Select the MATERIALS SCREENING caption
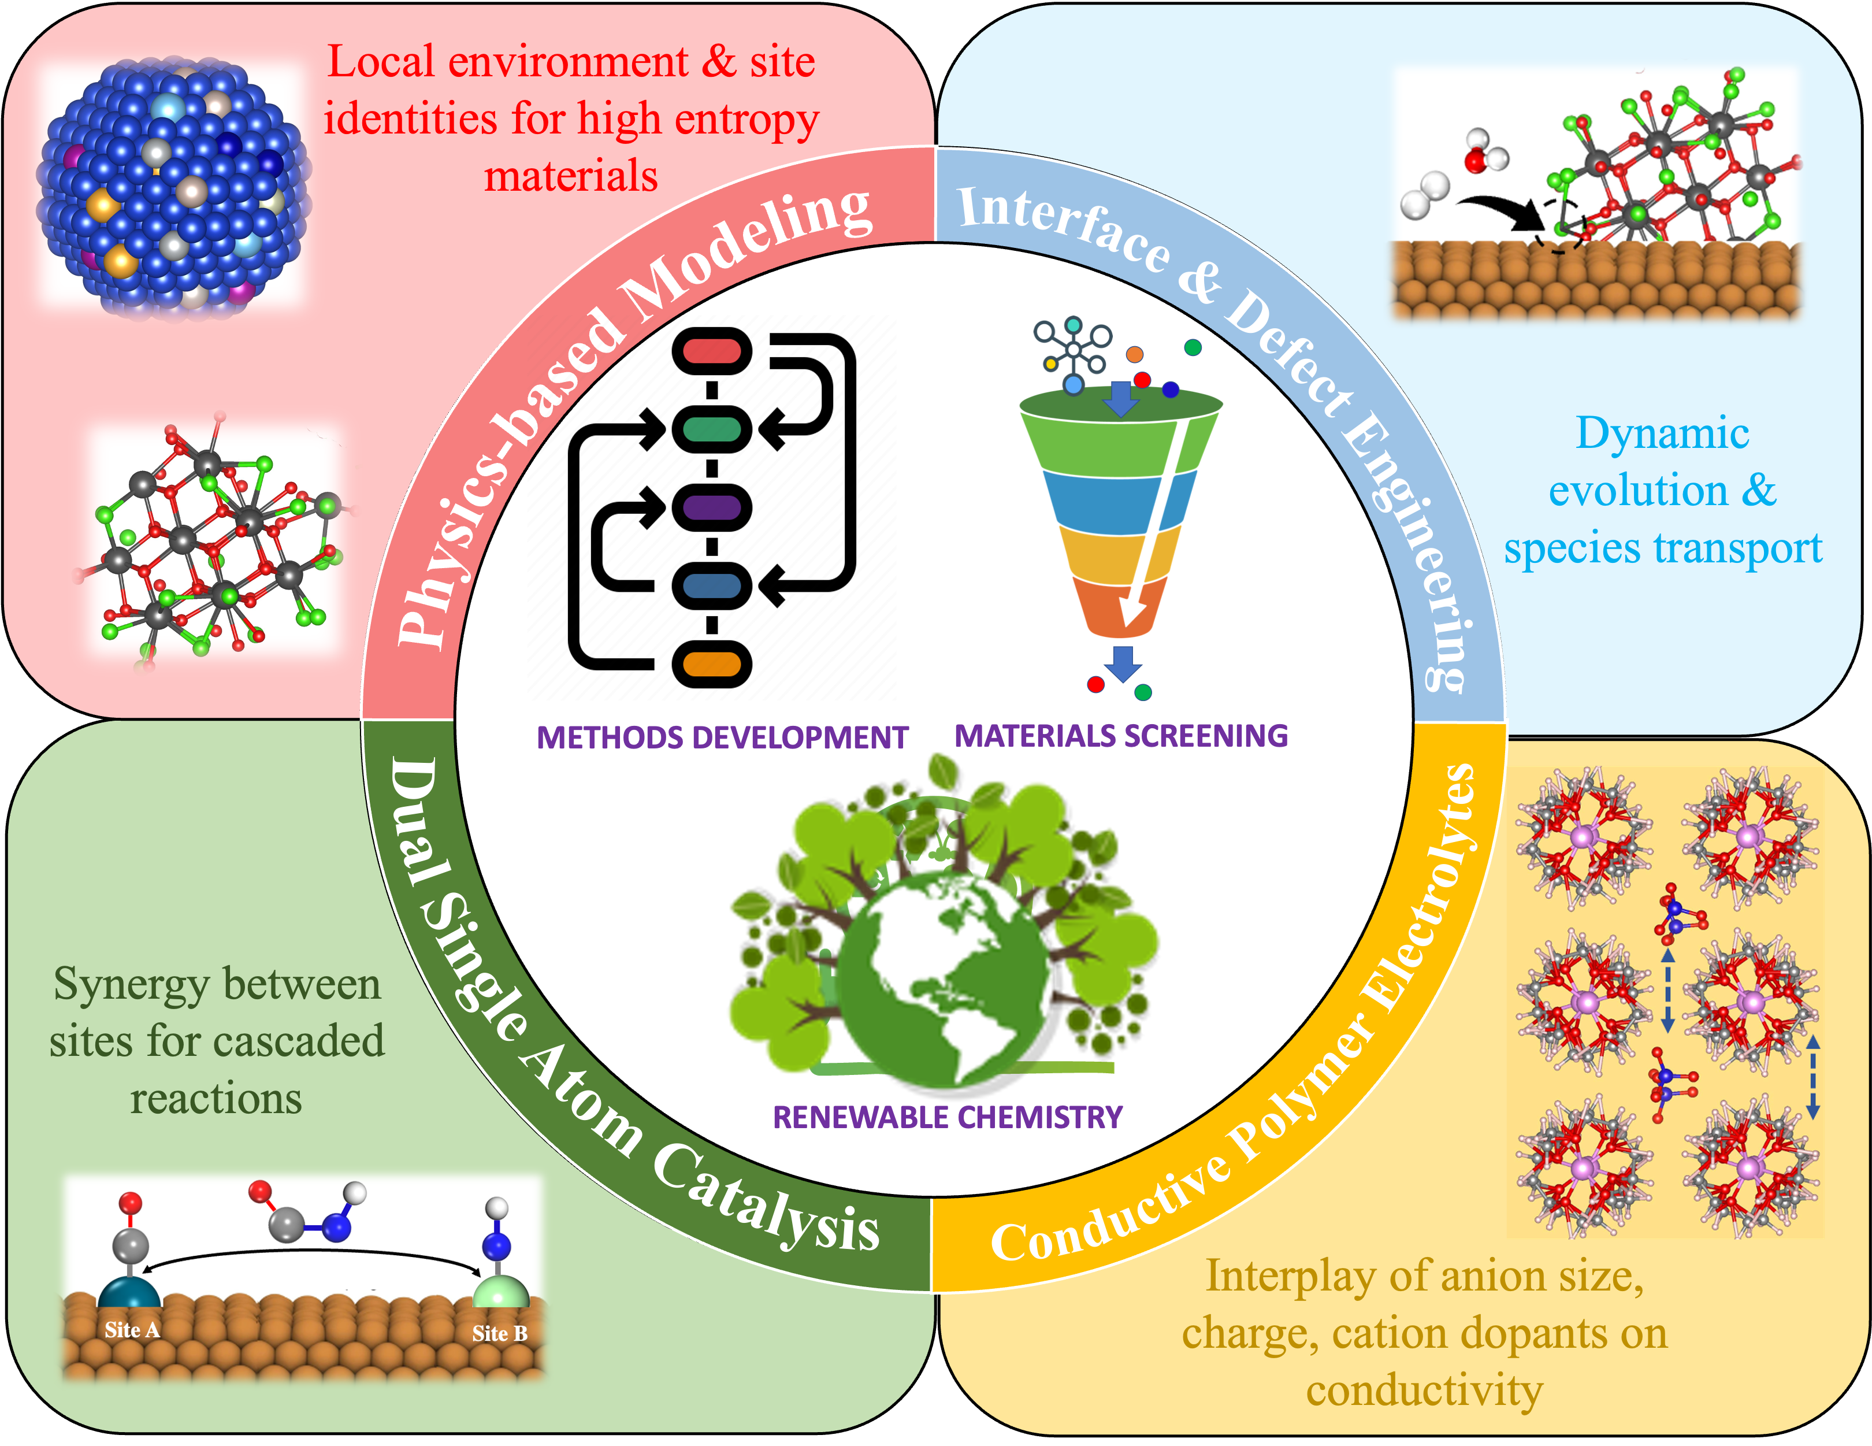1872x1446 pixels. (x=1120, y=736)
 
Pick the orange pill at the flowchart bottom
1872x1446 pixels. (x=711, y=664)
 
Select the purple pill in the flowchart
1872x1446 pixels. (x=711, y=507)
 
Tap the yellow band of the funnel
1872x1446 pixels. (x=1119, y=557)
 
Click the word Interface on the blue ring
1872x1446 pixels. (x=1063, y=227)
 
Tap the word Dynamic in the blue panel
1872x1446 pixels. (x=1662, y=433)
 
